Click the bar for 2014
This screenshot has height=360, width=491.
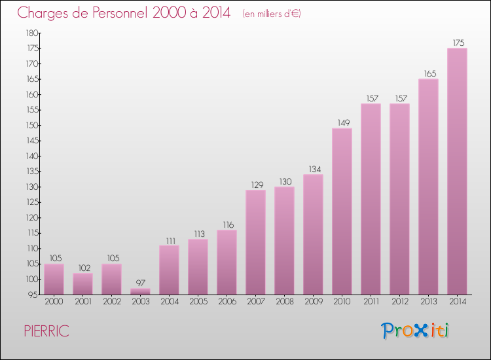click(457, 171)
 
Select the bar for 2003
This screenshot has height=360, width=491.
click(140, 291)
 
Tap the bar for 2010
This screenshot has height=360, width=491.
click(342, 211)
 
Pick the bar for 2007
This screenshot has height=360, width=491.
click(255, 242)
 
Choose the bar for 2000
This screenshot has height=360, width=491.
click(54, 279)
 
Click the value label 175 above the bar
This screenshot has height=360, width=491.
click(458, 43)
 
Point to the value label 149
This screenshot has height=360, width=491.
click(342, 123)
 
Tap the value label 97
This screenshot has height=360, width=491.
click(140, 283)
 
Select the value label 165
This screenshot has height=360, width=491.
click(428, 74)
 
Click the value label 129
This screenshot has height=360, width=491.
click(255, 185)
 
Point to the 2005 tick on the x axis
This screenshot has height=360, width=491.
click(198, 302)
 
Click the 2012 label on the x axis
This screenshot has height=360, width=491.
click(399, 302)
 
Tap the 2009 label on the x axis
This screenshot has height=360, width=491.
click(313, 302)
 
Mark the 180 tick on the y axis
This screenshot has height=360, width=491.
click(32, 33)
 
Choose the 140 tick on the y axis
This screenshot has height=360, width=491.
click(32, 156)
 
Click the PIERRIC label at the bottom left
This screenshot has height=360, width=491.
click(46, 331)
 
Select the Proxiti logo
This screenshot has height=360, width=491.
click(416, 331)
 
